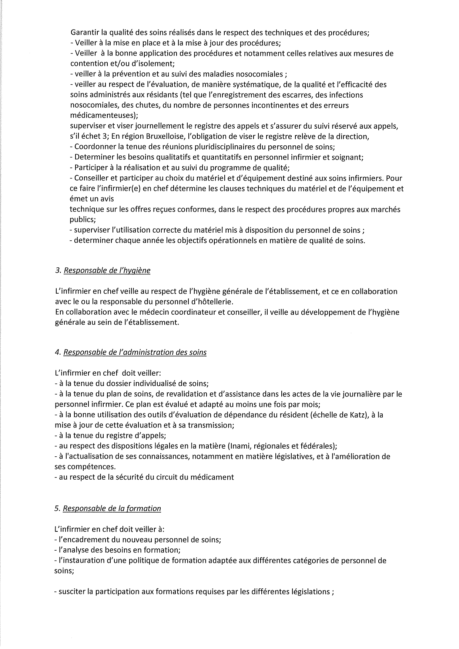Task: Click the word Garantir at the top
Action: coord(83,32)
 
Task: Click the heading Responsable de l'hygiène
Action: coord(107,270)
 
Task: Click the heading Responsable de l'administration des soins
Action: coord(135,352)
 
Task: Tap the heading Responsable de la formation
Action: coord(112,508)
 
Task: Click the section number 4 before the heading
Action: coord(57,352)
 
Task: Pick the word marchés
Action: coord(387,209)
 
